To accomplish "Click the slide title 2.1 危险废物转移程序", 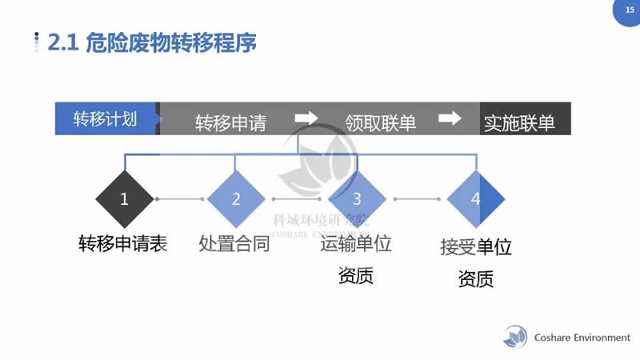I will coord(153,42).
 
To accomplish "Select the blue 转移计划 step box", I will coord(106,119).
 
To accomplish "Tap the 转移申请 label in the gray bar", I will coord(230,123).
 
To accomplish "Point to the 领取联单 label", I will coord(380,123).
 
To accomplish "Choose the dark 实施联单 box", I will coord(519,123).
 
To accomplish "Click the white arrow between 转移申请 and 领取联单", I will coord(306,118).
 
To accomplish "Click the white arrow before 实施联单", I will coord(450,118).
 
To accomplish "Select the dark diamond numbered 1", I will coord(124,199).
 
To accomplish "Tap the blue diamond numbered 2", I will coord(236,199).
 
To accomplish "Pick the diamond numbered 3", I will coord(357,199).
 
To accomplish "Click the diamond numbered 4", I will coord(476,199).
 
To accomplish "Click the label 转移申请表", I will coord(122,244).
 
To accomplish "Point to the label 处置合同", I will coord(234,244).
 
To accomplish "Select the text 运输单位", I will coord(356,244).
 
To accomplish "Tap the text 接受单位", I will coord(476,246).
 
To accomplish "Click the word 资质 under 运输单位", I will coord(356,276).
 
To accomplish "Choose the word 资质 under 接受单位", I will coord(476,279).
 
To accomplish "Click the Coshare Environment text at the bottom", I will coord(582,338).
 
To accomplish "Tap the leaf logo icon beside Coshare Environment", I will coord(516,337).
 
